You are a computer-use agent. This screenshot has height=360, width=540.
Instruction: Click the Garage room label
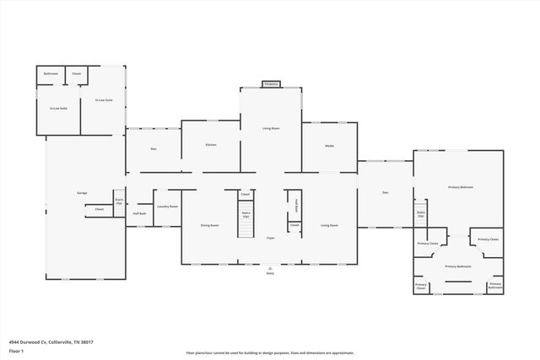(x=82, y=194)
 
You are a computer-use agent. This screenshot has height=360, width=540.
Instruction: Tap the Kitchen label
(x=211, y=145)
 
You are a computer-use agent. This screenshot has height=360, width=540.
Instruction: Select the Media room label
(x=330, y=146)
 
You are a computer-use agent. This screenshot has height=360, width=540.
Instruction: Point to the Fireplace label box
(x=271, y=84)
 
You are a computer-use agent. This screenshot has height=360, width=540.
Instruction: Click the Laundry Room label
(x=167, y=207)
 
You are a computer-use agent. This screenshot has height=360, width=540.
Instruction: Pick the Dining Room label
(x=209, y=225)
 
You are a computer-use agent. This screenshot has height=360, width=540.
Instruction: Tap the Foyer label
(x=271, y=239)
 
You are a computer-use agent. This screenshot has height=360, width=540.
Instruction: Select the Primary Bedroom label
(x=460, y=187)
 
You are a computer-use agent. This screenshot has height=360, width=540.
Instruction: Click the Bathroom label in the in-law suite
(x=51, y=74)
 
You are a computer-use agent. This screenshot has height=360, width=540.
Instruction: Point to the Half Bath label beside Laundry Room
(x=140, y=213)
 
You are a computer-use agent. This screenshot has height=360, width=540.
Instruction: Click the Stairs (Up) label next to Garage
(x=119, y=201)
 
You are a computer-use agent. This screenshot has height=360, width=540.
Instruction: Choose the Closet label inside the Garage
(x=99, y=209)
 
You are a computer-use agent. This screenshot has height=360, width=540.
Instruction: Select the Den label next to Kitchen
(x=154, y=149)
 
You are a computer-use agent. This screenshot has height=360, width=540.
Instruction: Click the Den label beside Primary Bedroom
(x=385, y=193)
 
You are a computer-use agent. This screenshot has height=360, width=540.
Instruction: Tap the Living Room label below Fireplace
(x=271, y=128)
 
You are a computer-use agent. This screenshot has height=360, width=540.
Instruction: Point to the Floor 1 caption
(x=16, y=350)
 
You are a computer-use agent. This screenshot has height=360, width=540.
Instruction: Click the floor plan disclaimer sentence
(x=270, y=353)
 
